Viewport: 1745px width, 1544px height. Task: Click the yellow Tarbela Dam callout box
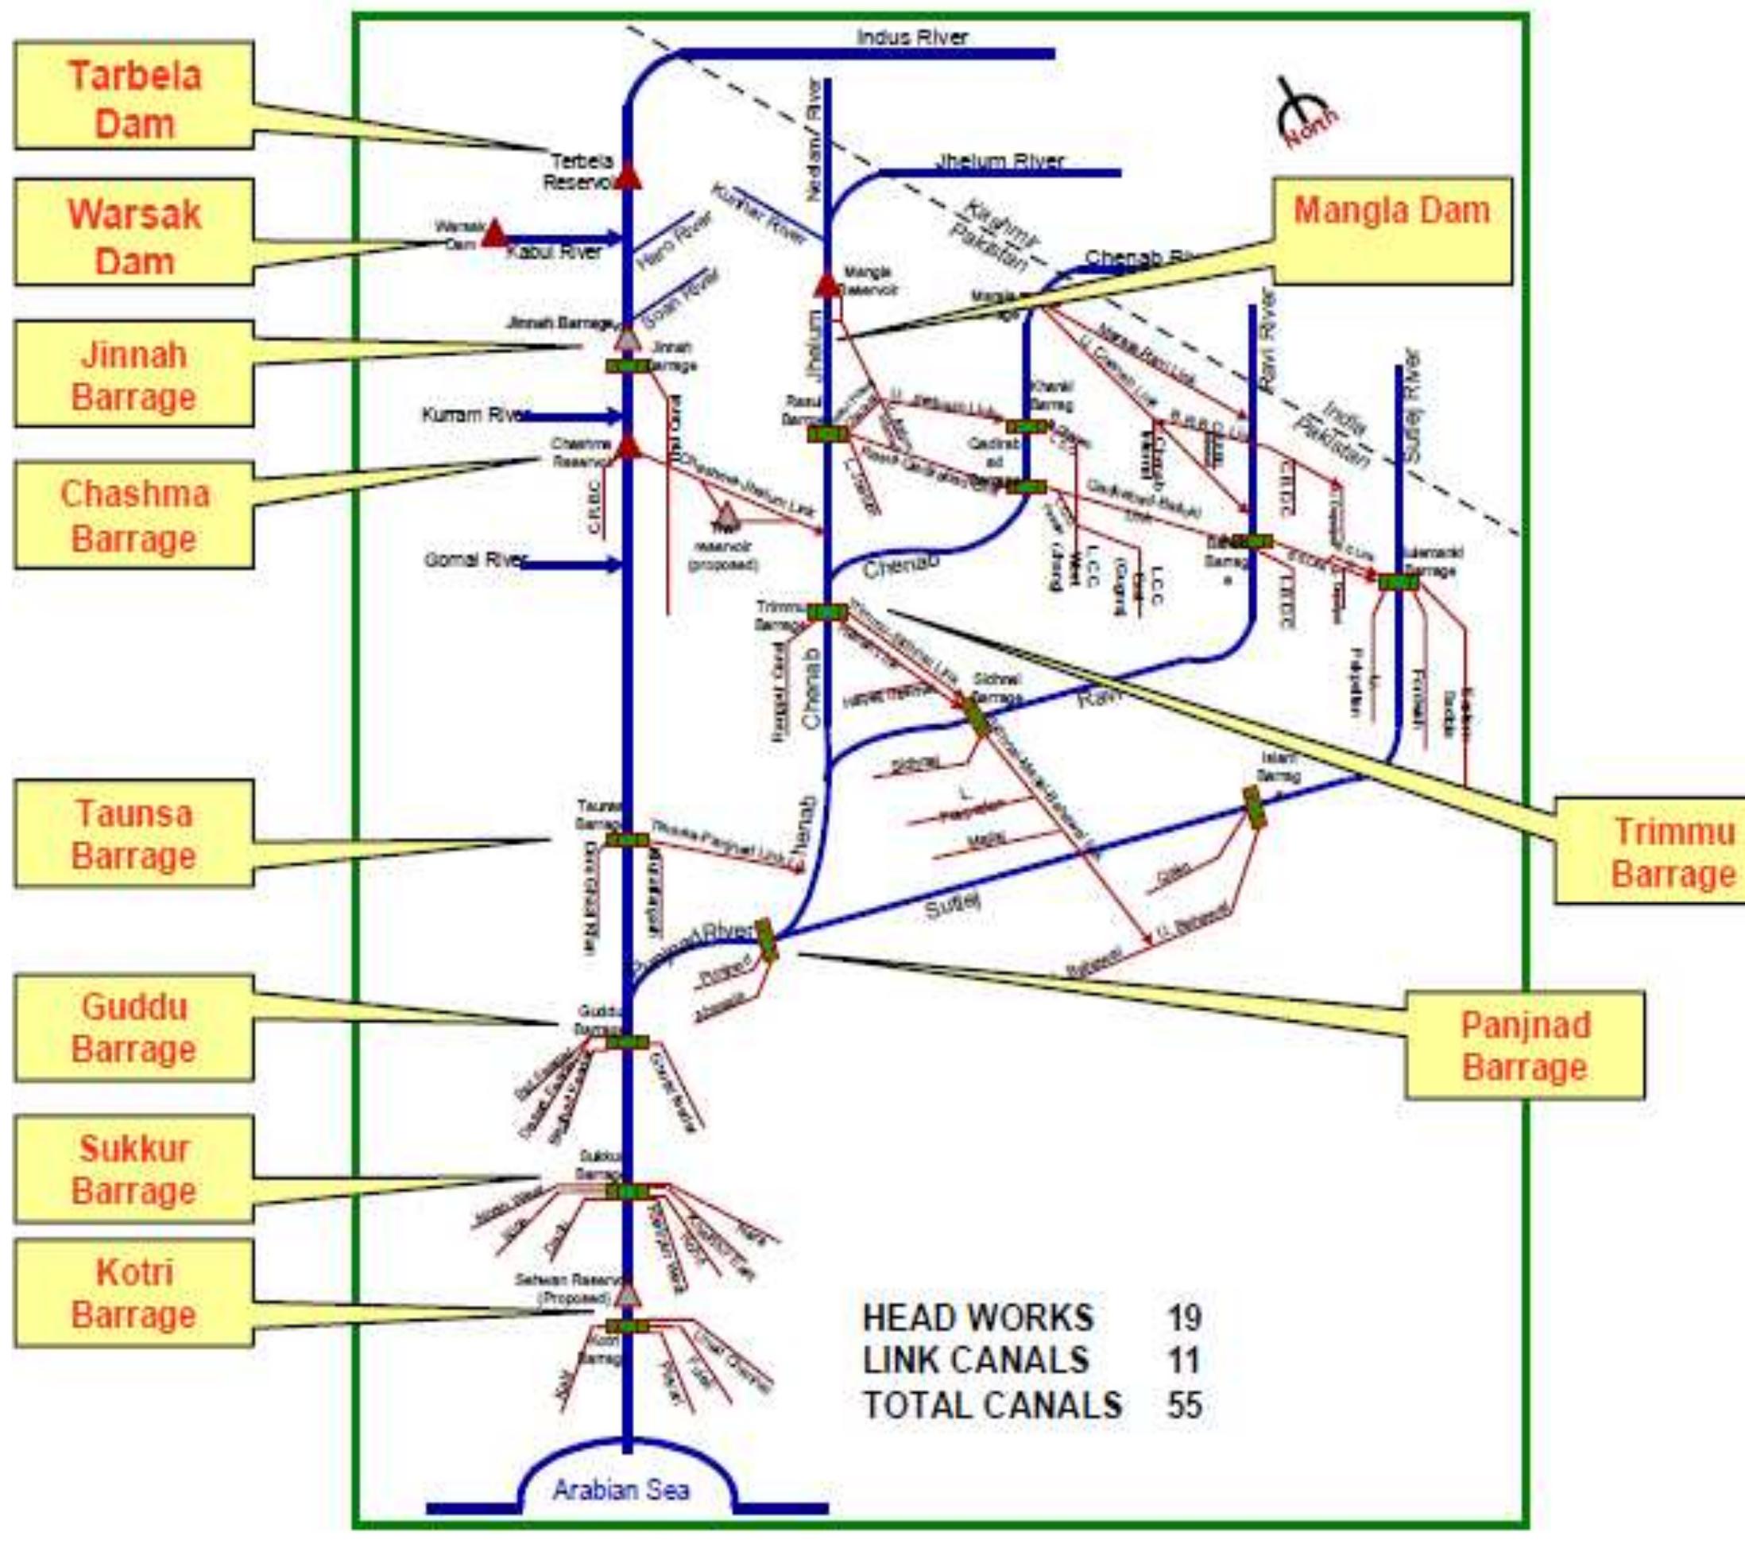coord(134,97)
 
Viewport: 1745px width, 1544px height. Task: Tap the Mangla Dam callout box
coord(1391,231)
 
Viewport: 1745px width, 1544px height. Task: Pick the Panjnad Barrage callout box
coord(1525,1045)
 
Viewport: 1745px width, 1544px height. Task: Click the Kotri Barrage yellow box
coord(134,1293)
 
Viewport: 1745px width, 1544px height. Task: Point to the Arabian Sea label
coord(621,1490)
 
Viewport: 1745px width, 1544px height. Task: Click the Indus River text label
coord(911,37)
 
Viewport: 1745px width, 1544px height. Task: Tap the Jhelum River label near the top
coord(1000,161)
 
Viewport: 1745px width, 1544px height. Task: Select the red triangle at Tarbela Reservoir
coord(629,176)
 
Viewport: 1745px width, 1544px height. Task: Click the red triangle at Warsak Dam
coord(493,234)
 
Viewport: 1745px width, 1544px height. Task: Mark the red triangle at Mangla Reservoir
coord(826,285)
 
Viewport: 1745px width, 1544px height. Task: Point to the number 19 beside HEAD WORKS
coord(1183,1317)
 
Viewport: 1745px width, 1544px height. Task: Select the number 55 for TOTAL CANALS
coord(1183,1405)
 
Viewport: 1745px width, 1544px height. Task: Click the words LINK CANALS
coord(975,1360)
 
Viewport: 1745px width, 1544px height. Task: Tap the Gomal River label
coord(473,561)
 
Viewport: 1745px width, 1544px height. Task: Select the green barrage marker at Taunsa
coord(628,840)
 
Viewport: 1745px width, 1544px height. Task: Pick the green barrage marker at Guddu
coord(628,1042)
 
